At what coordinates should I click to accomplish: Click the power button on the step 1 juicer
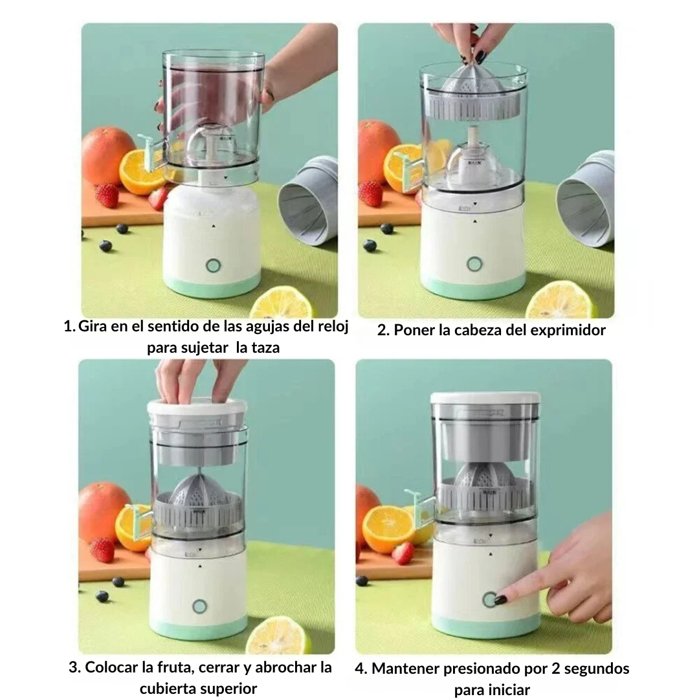click(212, 265)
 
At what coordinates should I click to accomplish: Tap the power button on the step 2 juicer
click(474, 264)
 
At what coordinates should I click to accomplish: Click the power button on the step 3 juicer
click(199, 605)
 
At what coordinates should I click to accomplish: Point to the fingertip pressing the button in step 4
click(500, 599)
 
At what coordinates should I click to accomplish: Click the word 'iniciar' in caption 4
click(505, 689)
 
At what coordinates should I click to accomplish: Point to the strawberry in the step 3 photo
click(102, 549)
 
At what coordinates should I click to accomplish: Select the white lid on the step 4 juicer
click(485, 398)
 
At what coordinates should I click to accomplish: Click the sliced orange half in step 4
click(388, 528)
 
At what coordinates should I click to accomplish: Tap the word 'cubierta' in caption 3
click(168, 688)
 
